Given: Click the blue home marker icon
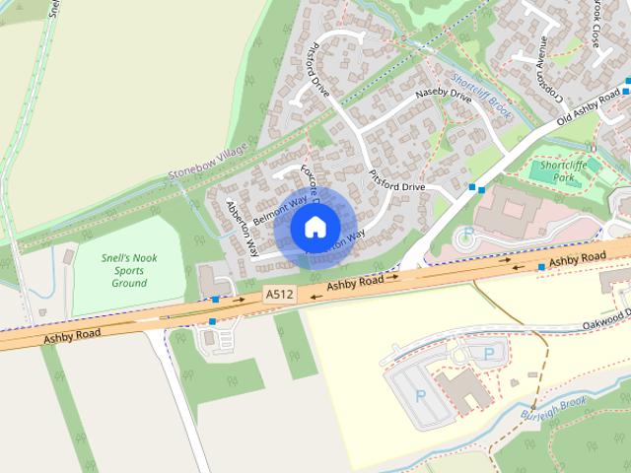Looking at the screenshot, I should click(315, 228).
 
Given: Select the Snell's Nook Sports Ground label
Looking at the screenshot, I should click(129, 270).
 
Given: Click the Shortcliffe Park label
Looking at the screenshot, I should click(564, 171).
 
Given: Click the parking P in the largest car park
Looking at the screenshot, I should click(421, 395).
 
